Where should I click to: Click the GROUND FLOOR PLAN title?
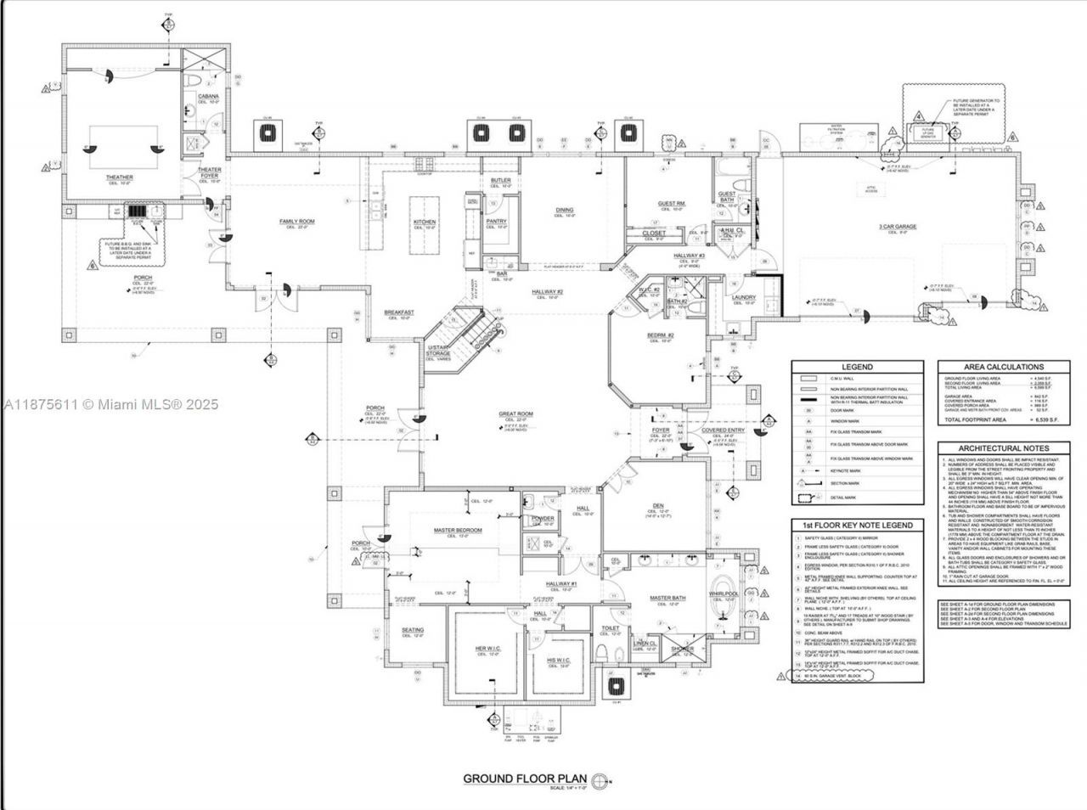pyautogui.click(x=525, y=779)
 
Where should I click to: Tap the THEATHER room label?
pyautogui.click(x=120, y=177)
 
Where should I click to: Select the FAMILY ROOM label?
pyautogui.click(x=297, y=222)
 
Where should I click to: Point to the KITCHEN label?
pyautogui.click(x=425, y=222)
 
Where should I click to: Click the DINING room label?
pyautogui.click(x=565, y=210)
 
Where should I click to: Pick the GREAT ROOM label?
pyautogui.click(x=515, y=414)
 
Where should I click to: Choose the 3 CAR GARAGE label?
pyautogui.click(x=898, y=227)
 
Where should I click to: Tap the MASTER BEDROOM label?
pyautogui.click(x=458, y=530)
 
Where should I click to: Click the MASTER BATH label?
pyautogui.click(x=667, y=598)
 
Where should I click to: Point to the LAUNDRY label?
pyautogui.click(x=744, y=297)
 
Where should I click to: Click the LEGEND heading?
pyautogui.click(x=857, y=368)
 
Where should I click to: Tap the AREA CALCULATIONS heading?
pyautogui.click(x=1004, y=367)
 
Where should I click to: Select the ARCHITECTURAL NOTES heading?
pyautogui.click(x=1004, y=448)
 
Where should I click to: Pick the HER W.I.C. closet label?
pyautogui.click(x=492, y=649)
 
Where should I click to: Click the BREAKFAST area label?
pyautogui.click(x=399, y=312)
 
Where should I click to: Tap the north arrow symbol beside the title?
pyautogui.click(x=601, y=779)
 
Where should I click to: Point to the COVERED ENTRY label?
pyautogui.click(x=724, y=430)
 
